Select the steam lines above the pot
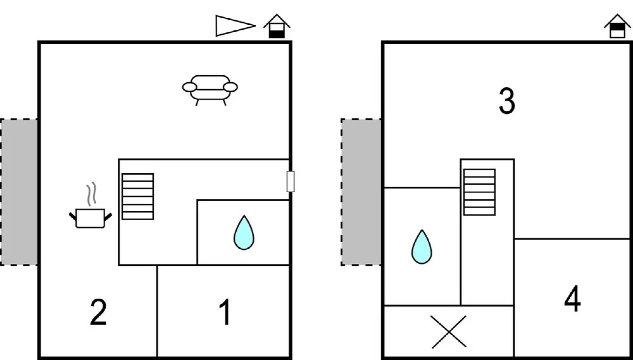tap(91, 194)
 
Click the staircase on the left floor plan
tap(138, 197)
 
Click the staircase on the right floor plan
tap(479, 192)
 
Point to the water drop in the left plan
tap(244, 233)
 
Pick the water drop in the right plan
tap(422, 247)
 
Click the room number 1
tap(225, 312)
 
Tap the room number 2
tap(98, 312)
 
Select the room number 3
tap(507, 101)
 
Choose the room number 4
tap(572, 299)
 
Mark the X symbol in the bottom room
tap(449, 332)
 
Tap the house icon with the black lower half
tap(277, 26)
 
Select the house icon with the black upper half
tap(617, 26)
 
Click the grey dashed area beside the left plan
tap(19, 192)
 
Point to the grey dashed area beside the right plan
tap(361, 192)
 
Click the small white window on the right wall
tap(290, 182)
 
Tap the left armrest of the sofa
tap(189, 87)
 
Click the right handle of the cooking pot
tap(108, 217)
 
